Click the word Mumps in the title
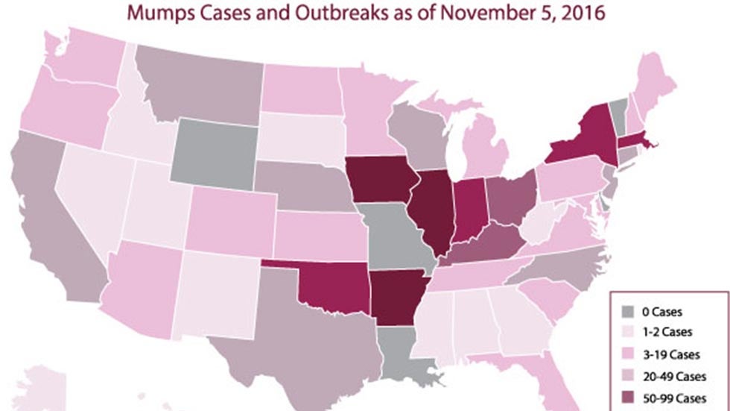[162, 13]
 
